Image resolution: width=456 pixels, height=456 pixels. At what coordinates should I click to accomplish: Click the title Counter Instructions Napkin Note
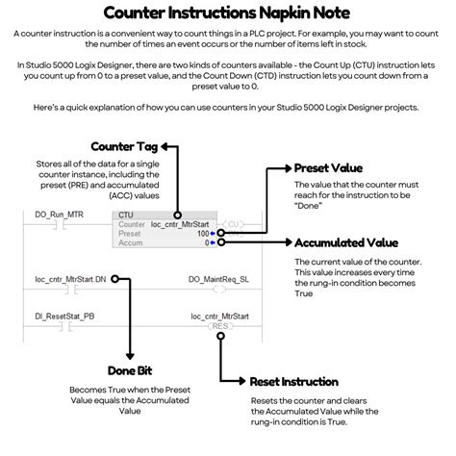click(228, 13)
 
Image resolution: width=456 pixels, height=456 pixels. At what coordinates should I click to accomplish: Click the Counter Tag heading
click(126, 146)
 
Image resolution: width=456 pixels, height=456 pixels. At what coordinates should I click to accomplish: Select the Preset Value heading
click(338, 168)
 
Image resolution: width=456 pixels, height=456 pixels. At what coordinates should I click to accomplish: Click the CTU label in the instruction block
click(125, 215)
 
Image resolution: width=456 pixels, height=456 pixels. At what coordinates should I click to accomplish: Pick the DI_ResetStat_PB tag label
click(64, 315)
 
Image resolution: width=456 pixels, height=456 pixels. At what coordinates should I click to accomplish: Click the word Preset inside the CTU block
click(129, 233)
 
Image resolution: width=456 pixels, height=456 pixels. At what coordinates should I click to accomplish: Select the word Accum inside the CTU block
click(129, 242)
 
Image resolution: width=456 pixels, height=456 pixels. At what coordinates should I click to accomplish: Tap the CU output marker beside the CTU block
click(232, 224)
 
